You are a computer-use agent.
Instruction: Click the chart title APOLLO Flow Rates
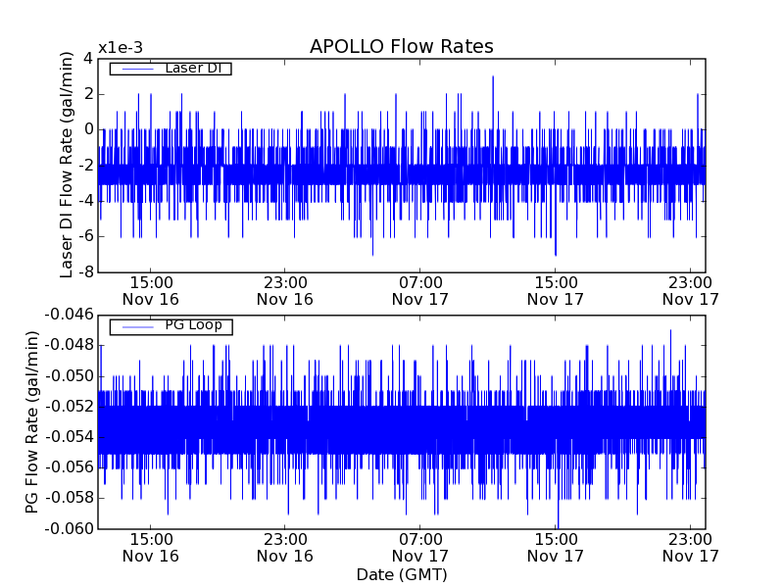point(401,46)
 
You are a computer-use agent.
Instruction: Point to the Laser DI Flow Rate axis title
point(67,165)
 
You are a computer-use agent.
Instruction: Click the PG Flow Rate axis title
point(32,421)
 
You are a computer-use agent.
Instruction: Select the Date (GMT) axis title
point(401,574)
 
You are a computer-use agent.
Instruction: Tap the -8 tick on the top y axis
point(84,271)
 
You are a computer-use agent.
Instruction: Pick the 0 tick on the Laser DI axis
point(88,129)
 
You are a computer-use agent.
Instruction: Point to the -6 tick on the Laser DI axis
point(84,236)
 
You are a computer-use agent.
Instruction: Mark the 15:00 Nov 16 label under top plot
point(150,290)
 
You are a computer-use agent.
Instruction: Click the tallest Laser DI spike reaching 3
point(493,77)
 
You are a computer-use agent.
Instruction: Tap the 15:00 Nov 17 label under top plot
point(556,290)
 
